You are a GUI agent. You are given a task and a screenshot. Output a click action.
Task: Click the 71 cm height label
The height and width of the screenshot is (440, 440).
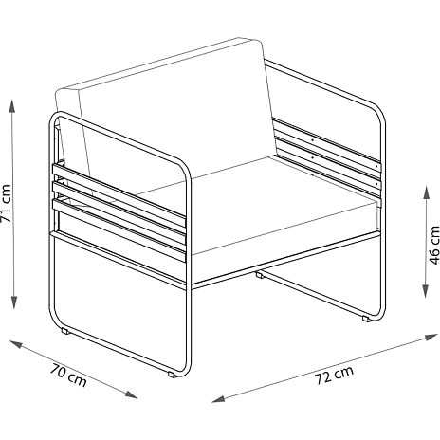pos(6,203)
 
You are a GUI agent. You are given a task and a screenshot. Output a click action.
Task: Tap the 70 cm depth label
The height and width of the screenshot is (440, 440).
pos(68,376)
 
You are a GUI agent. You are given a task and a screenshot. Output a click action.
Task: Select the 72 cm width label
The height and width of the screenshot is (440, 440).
pos(334,375)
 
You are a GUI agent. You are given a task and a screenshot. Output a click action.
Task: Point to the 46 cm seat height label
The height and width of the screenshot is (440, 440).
pos(434,245)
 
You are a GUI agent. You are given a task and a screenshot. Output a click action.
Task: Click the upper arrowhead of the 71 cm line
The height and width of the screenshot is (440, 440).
pos(12,106)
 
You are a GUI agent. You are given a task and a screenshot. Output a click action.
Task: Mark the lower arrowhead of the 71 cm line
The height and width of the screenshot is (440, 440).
pos(13,302)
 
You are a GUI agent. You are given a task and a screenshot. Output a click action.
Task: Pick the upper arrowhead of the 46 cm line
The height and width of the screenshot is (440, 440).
pos(427,192)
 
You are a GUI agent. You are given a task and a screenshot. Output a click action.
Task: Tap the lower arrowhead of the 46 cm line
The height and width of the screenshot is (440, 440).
pos(427,291)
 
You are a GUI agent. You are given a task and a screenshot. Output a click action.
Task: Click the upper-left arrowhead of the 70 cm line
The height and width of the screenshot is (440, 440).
pos(16,344)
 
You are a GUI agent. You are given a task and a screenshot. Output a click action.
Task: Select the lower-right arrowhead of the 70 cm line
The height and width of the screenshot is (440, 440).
pos(131,394)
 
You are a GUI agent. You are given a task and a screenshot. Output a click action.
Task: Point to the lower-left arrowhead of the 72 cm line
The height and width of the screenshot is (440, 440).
pos(218,398)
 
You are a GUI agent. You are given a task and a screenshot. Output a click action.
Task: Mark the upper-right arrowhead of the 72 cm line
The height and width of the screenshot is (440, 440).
pos(431,337)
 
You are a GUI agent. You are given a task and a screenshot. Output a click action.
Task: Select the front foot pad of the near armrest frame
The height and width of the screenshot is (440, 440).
pos(172,376)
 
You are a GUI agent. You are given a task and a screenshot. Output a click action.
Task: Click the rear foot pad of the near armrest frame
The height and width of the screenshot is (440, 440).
pos(64,332)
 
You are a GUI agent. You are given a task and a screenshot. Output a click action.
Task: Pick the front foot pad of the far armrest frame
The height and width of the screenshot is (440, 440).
pos(366,319)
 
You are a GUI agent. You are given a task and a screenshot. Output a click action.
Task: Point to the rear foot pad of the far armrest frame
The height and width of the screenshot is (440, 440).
pos(259,275)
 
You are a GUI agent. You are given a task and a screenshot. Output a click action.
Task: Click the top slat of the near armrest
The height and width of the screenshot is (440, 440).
pos(119,191)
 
